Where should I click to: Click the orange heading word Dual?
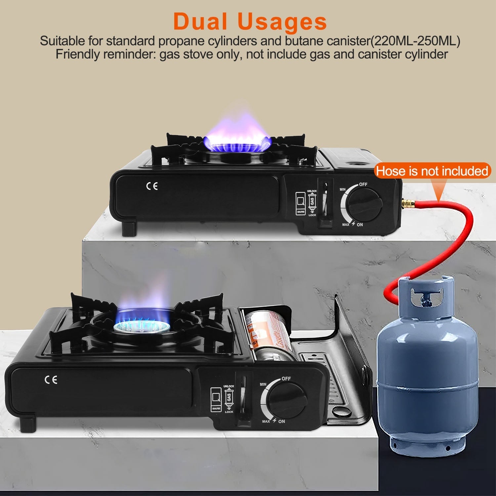[x=200, y=22]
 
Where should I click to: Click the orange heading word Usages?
[x=282, y=22]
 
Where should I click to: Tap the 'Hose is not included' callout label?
[x=432, y=171]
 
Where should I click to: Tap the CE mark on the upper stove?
[x=152, y=186]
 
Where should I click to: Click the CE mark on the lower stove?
[x=51, y=380]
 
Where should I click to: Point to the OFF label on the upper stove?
[x=363, y=184]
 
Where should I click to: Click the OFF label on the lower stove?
[x=286, y=379]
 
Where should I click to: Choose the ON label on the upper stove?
[x=360, y=225]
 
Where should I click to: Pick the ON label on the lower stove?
[x=281, y=421]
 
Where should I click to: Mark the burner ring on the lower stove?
[x=142, y=327]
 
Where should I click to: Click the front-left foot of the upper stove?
[x=129, y=228]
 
